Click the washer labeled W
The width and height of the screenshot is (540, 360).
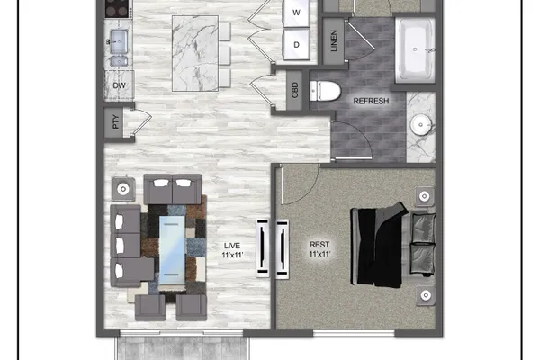point(296,13)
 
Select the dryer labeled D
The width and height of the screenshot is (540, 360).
point(296,45)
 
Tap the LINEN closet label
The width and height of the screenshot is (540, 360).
point(334,41)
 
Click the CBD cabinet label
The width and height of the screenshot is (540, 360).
point(295,90)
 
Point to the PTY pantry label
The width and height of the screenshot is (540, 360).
point(116,122)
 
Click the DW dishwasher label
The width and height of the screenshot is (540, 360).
point(119,85)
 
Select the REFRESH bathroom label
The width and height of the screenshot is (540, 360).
point(371,101)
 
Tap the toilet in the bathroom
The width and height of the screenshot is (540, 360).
point(325,91)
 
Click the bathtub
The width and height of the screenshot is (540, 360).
point(415,50)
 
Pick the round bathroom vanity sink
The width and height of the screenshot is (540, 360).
point(421,124)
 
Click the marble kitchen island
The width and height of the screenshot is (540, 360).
point(195,53)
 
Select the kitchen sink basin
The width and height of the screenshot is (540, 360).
point(119,41)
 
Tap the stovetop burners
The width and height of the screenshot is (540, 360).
point(117,8)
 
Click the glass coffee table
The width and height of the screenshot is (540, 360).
point(172,250)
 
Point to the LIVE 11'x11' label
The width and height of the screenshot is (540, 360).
point(232,250)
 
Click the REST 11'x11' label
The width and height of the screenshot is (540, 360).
point(319,249)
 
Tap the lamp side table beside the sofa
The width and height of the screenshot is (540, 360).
point(123,189)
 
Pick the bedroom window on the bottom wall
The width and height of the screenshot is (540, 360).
point(354,333)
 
